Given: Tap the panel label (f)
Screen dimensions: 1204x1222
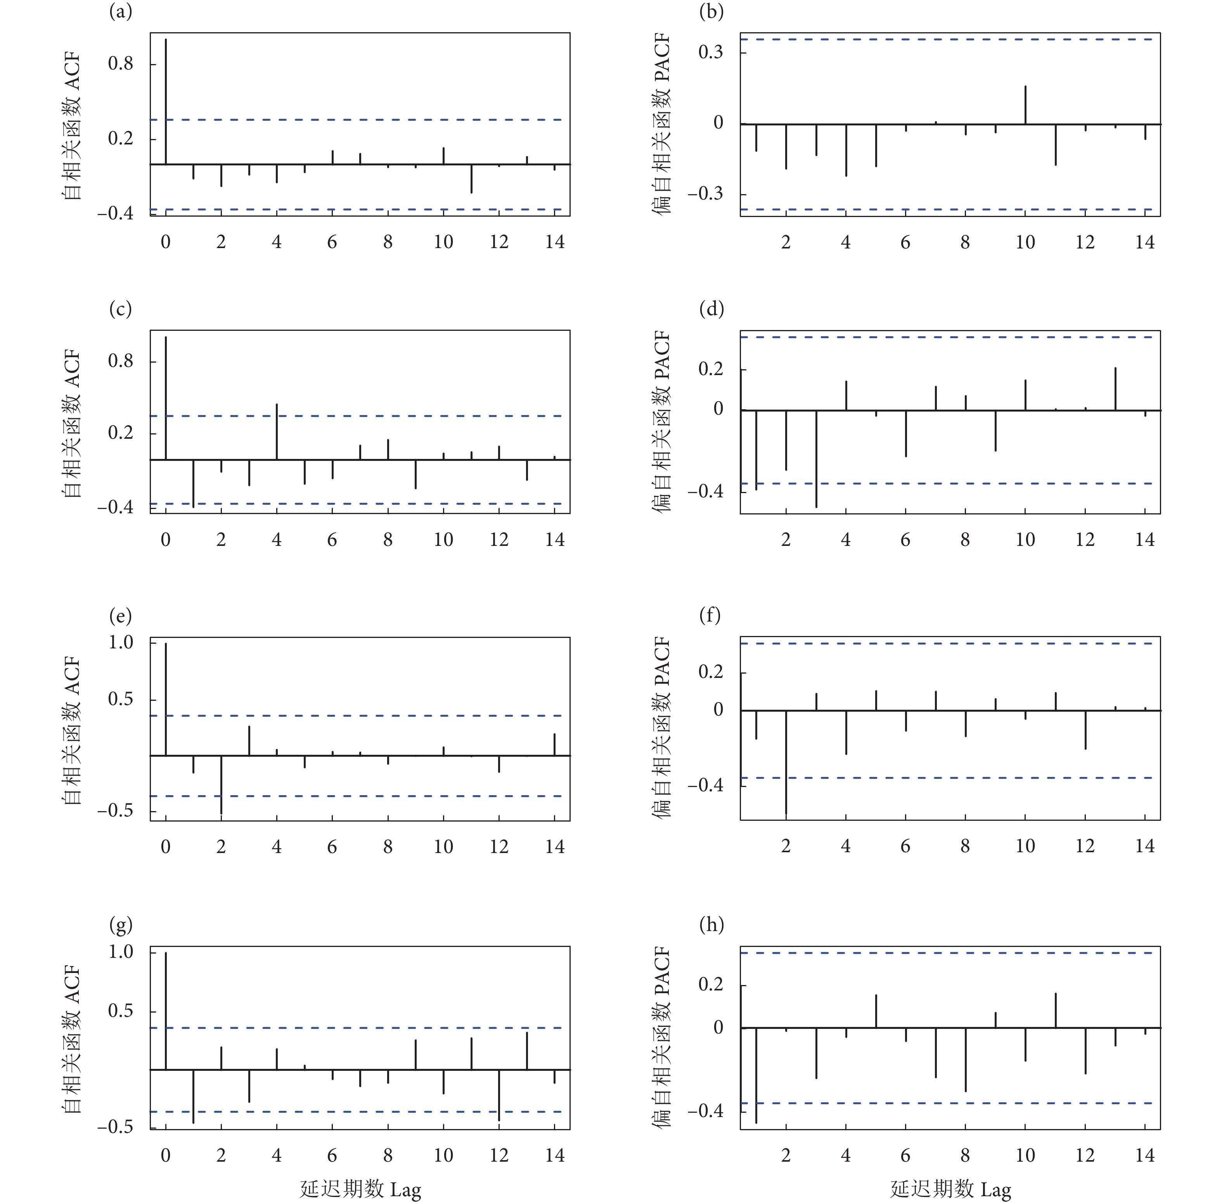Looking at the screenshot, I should pos(710,615).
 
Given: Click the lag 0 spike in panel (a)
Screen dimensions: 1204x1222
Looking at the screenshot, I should pos(166,101).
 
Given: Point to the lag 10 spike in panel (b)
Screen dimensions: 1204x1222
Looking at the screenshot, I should pos(1025,105).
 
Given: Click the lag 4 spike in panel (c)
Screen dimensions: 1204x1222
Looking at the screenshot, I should pos(277,431).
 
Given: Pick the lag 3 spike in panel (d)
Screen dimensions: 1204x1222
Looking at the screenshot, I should pos(816,459).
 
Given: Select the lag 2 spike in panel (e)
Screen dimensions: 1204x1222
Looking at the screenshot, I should pos(221,784).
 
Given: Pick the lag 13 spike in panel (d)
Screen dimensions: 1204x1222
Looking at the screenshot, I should pos(1115,389).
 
